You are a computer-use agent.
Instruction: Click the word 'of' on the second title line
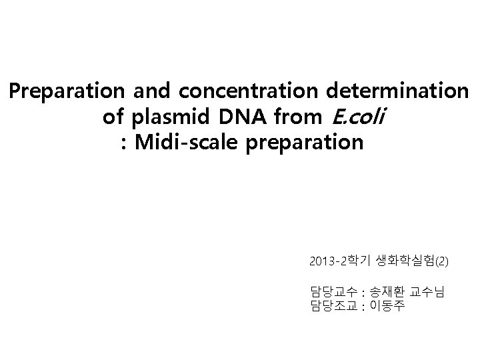(x=113, y=117)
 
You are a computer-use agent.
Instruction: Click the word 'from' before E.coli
(x=291, y=117)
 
